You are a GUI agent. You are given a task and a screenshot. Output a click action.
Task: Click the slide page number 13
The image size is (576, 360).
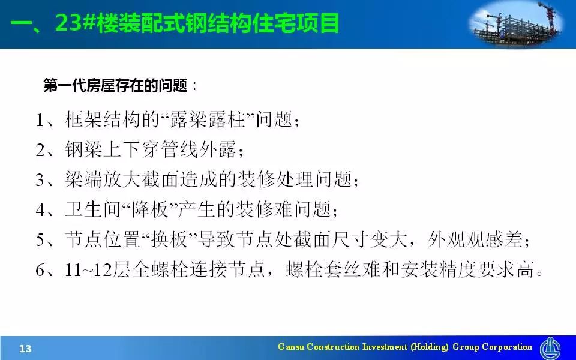click(x=25, y=348)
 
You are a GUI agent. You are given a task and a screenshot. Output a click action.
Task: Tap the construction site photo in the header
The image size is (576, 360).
click(x=516, y=24)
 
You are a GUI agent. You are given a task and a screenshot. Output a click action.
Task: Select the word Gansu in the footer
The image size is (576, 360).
click(x=291, y=347)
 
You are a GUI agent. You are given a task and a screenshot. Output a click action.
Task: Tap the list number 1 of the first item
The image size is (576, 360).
click(x=40, y=120)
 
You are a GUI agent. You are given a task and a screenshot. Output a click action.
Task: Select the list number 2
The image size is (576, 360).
click(x=40, y=150)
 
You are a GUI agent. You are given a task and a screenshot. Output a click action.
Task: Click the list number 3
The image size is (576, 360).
click(x=40, y=180)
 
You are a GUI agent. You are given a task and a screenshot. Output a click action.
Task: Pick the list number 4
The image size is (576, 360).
click(x=40, y=210)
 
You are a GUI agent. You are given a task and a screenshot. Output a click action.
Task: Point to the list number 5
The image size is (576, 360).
click(x=40, y=240)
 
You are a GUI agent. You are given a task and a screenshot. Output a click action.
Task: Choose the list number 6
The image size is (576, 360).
click(x=40, y=270)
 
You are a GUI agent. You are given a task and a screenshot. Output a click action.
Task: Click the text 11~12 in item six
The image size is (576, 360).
click(x=88, y=270)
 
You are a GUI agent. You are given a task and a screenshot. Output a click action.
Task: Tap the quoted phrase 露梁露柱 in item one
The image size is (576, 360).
click(x=207, y=120)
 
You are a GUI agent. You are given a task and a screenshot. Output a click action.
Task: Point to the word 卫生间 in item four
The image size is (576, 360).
click(x=93, y=210)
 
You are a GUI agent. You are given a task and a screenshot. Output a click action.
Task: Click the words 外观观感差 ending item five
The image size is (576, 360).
click(x=475, y=240)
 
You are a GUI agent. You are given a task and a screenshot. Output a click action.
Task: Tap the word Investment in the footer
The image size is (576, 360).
click(x=385, y=347)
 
